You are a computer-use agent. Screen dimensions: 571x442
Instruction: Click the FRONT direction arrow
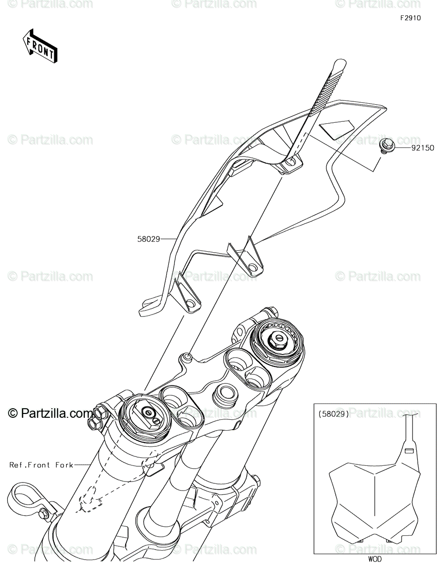(x=40, y=46)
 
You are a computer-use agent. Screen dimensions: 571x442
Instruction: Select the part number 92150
(x=423, y=148)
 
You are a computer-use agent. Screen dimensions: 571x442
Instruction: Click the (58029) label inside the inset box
(x=333, y=414)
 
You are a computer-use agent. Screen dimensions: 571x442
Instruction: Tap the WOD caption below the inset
(x=375, y=560)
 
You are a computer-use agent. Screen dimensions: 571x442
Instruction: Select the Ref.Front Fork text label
(x=41, y=465)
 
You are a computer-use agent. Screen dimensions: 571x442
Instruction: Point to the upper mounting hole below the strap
(x=290, y=164)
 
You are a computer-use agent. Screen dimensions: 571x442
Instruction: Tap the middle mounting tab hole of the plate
(x=252, y=268)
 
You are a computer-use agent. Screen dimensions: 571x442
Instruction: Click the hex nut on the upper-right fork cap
(x=277, y=339)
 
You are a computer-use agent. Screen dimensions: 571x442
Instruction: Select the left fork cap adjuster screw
(x=149, y=413)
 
